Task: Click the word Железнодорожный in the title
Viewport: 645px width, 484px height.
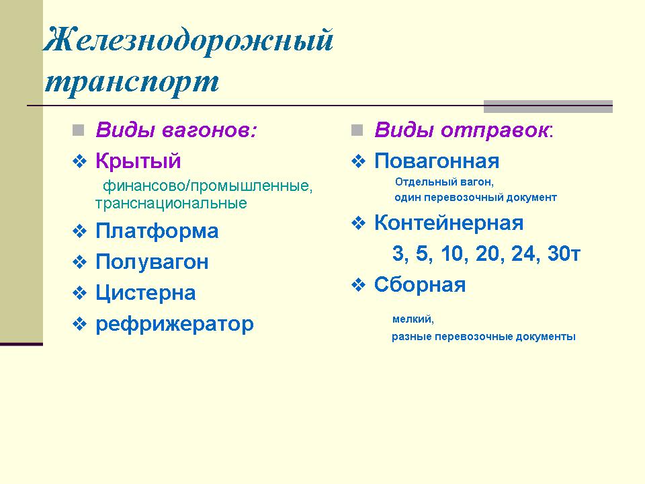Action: (x=188, y=41)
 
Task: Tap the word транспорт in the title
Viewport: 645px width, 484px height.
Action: (x=132, y=82)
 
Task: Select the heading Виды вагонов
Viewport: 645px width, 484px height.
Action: (x=176, y=130)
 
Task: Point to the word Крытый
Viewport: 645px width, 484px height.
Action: (x=138, y=161)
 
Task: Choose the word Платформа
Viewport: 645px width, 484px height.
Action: (x=157, y=231)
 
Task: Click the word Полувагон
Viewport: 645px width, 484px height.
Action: (x=153, y=261)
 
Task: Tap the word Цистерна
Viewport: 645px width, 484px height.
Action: (x=146, y=293)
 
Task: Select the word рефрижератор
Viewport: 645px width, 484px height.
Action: (x=175, y=324)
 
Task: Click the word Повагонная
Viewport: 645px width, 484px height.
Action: (x=437, y=161)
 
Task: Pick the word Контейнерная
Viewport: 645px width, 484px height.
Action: (x=449, y=223)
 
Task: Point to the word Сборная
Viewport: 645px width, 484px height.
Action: (x=420, y=285)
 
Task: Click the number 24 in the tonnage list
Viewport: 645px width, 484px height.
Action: (x=523, y=253)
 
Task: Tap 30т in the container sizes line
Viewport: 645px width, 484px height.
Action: (x=564, y=253)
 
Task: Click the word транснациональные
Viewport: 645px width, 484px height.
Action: (x=171, y=203)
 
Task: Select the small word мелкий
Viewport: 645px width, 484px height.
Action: (x=413, y=319)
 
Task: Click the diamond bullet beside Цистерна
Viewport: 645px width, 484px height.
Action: (x=80, y=293)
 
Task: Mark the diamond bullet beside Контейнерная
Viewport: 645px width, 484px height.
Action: (x=358, y=223)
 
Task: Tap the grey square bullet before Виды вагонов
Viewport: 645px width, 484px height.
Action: (x=78, y=130)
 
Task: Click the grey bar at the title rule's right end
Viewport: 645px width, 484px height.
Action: (x=548, y=107)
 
